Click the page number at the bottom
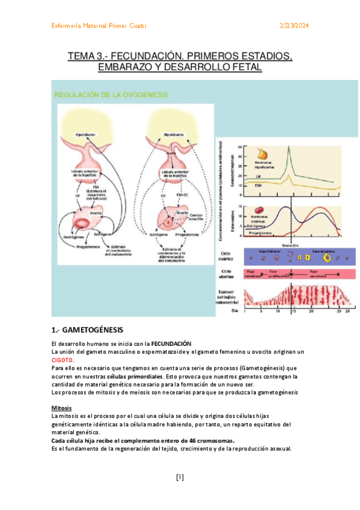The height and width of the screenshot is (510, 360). [x=180, y=478]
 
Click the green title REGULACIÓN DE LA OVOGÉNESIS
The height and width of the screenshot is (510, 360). [x=111, y=94]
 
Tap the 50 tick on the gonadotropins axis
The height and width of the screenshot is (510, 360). [x=240, y=147]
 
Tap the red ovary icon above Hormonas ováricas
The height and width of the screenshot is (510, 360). [x=259, y=210]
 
